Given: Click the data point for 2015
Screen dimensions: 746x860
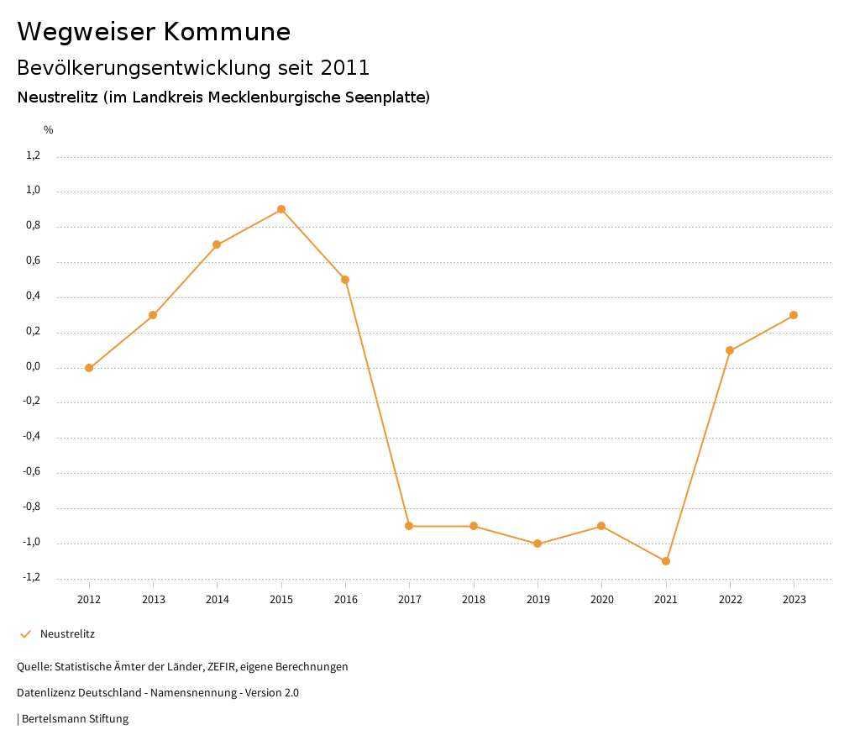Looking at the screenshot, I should tap(281, 209).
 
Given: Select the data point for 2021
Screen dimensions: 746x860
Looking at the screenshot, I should tap(666, 561).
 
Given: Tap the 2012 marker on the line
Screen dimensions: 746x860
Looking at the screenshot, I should tap(89, 368).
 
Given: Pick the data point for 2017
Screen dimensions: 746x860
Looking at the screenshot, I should tap(409, 526).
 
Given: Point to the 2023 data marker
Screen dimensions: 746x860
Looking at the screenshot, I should tap(794, 315).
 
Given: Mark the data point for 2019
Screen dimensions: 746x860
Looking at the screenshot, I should tap(537, 544).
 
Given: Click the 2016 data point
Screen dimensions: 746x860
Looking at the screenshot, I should tap(345, 280).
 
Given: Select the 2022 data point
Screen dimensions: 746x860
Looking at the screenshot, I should tap(730, 350).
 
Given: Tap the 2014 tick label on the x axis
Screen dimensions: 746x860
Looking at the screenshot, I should tap(218, 600).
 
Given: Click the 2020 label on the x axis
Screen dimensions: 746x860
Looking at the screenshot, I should tap(601, 600).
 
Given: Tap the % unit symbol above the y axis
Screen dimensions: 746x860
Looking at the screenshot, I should tap(49, 130).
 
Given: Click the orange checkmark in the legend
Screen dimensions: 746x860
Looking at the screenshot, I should tap(25, 634).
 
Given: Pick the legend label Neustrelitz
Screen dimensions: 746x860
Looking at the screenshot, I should tap(67, 634).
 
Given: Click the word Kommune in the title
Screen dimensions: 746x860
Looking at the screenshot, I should tap(227, 32).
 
